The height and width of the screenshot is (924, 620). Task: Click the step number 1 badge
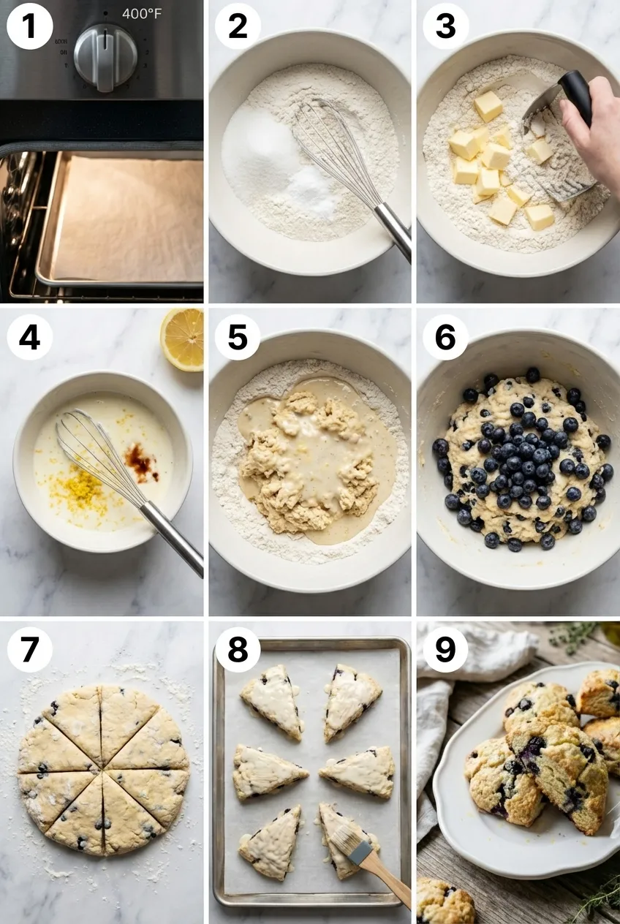point(29,26)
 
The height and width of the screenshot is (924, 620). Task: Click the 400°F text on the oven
point(142,14)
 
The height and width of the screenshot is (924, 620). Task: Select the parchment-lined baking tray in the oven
point(124,219)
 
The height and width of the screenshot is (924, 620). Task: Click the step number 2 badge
point(238,26)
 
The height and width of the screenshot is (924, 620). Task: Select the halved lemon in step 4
point(183,338)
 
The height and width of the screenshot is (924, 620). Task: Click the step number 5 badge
point(238,337)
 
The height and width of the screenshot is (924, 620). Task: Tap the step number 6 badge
point(445,337)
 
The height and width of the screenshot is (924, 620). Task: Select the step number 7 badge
point(29,649)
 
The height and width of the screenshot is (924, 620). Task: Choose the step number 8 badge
point(238,649)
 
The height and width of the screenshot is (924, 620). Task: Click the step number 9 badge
point(445,649)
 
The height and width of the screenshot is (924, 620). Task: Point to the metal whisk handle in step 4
point(173,537)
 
